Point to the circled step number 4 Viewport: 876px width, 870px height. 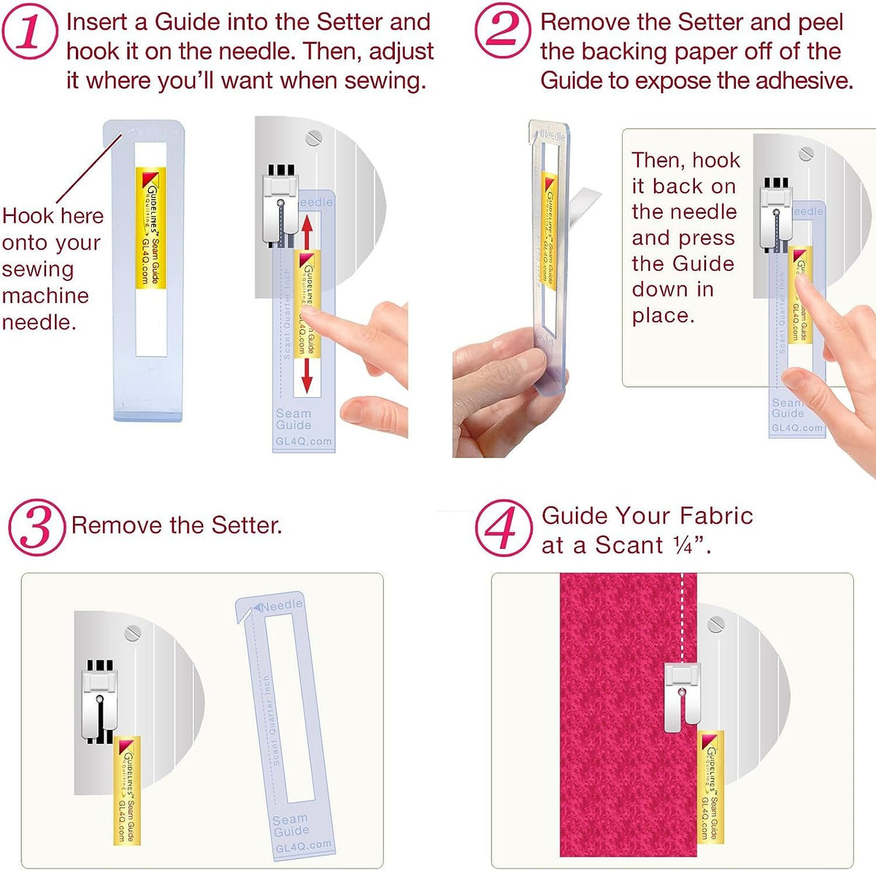503,527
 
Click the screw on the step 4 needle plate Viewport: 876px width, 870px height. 716,623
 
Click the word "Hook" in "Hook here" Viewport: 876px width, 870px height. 28,216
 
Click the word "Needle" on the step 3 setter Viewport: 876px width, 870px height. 281,606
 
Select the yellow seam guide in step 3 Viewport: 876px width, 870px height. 128,788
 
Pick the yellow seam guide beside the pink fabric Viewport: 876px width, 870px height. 710,785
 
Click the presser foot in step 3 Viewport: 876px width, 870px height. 99,701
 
